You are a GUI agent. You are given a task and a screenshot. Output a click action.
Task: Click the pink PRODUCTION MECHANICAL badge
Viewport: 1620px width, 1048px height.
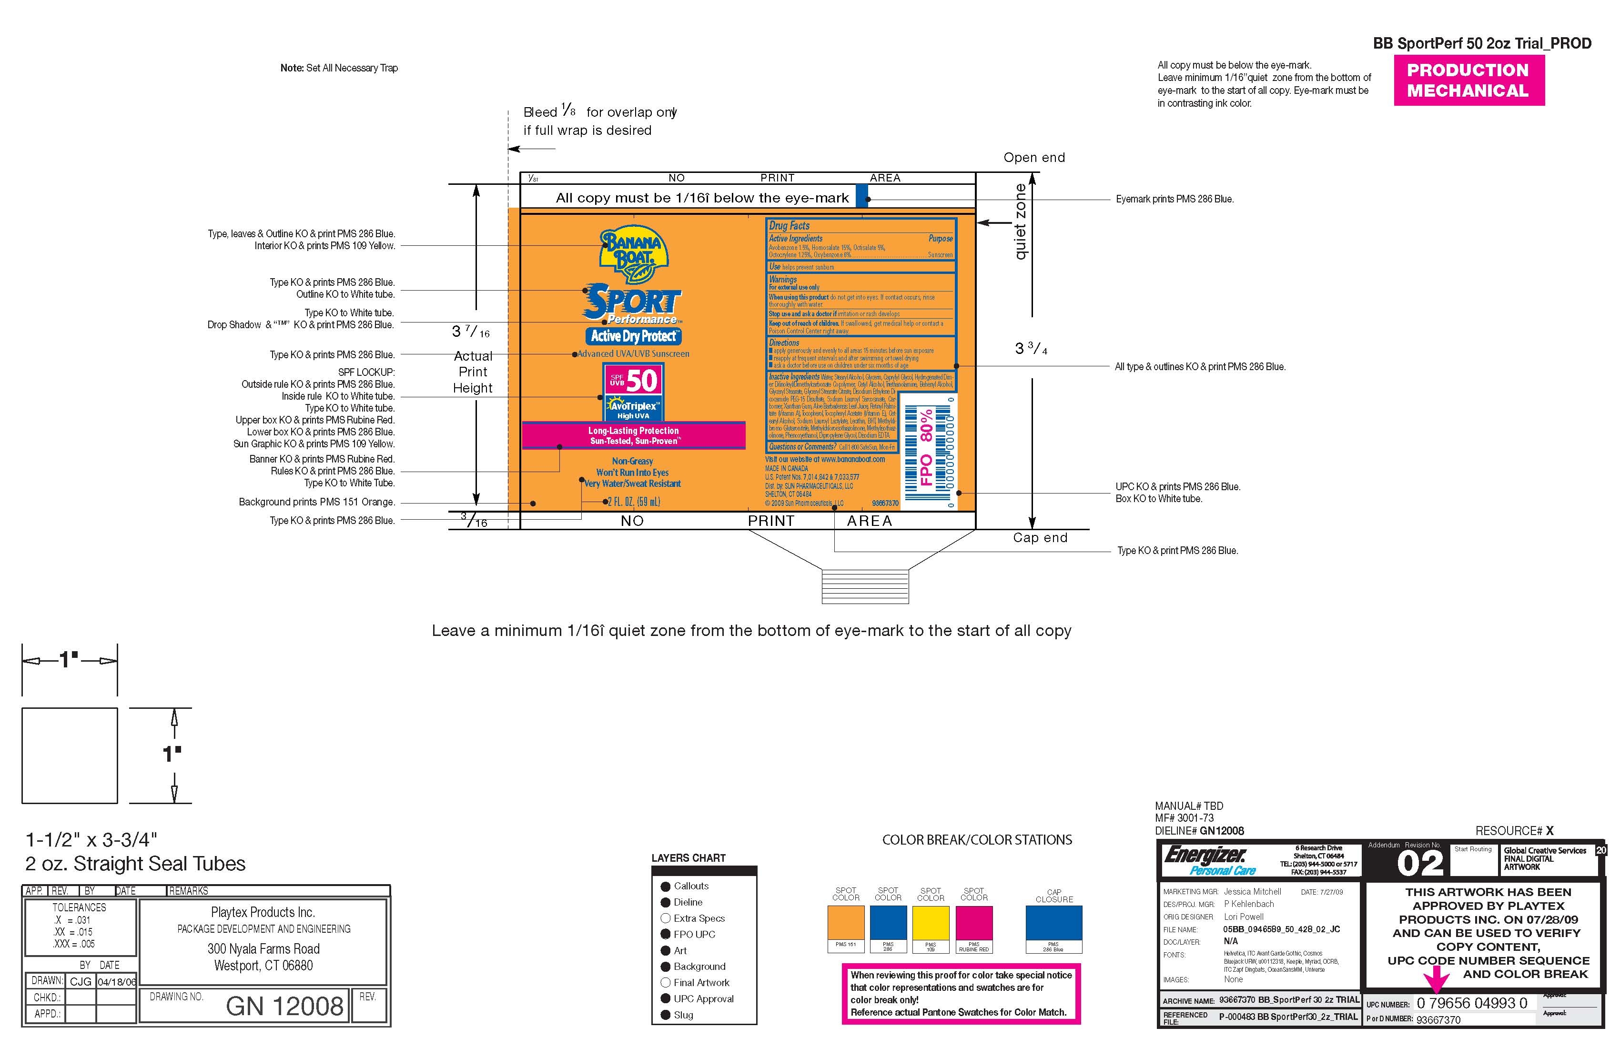tap(1468, 81)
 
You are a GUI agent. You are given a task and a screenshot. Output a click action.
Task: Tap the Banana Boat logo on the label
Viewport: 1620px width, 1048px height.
tap(633, 253)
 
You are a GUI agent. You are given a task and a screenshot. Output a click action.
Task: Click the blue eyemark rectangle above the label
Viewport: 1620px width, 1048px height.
tap(862, 195)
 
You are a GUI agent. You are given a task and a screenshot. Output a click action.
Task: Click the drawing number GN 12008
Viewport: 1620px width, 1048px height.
tap(284, 1006)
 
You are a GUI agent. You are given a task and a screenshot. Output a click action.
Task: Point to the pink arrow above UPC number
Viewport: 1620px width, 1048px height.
tap(1436, 981)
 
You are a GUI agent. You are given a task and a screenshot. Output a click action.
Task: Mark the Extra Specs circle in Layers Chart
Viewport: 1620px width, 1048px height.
tap(666, 918)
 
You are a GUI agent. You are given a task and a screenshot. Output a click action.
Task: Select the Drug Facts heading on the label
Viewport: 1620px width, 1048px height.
tap(790, 226)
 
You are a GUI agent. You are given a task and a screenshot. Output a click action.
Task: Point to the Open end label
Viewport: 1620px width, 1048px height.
tap(1034, 158)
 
